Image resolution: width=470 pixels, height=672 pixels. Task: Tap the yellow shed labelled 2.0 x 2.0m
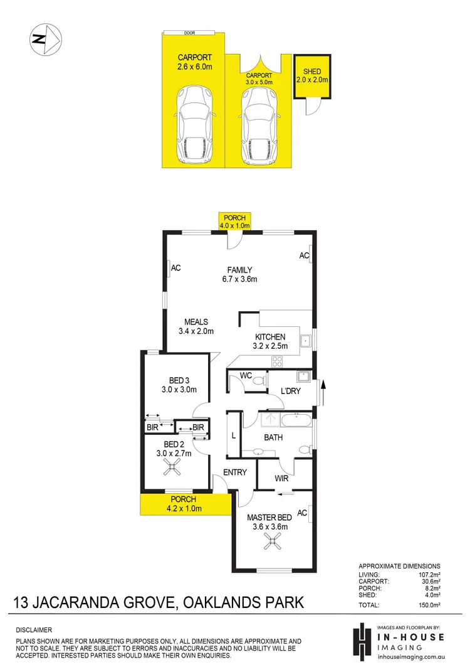(x=311, y=77)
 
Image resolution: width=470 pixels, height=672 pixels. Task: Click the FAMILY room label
(x=239, y=270)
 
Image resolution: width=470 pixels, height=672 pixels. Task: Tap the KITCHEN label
(x=270, y=337)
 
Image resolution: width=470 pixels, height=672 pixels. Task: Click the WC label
(x=245, y=376)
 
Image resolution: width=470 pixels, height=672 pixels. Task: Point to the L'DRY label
(x=290, y=391)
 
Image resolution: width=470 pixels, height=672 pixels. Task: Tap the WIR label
(x=281, y=478)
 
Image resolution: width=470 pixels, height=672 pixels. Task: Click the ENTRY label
(x=235, y=472)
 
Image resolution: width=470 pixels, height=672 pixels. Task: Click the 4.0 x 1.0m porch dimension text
(x=235, y=225)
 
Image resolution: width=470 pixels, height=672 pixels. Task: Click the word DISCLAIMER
(x=34, y=629)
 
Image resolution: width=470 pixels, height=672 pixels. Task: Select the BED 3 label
(x=180, y=380)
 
